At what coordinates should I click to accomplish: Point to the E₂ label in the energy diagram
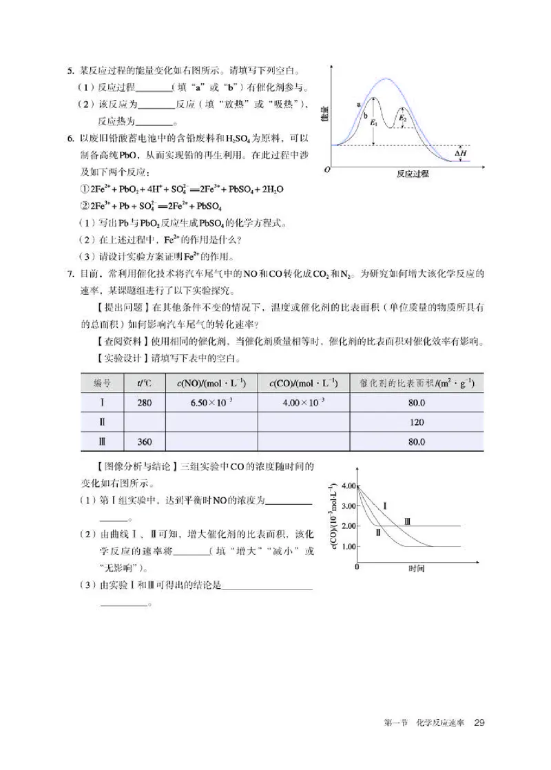404,118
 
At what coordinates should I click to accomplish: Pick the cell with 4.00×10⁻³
304,403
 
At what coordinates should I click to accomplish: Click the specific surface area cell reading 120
416,422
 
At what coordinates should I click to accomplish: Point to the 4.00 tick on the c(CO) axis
348,486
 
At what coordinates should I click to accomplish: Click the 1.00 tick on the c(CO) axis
348,546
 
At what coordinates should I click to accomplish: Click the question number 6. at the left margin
70,139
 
